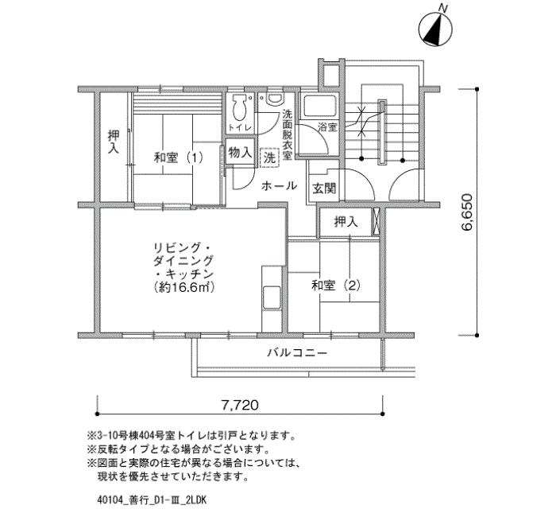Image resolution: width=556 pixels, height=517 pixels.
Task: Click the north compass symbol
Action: pos(435,29)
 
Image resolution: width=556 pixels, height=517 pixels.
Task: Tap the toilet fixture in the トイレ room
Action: pos(240,107)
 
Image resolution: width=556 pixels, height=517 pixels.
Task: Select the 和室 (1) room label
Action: pos(179,157)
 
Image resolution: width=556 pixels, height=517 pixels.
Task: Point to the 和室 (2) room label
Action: pos(335,285)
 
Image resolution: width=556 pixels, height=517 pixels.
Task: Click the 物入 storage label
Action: pos(240,153)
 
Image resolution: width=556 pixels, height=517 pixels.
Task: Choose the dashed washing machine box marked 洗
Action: pos(270,157)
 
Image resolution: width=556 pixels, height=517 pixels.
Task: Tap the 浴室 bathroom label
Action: pos(327,127)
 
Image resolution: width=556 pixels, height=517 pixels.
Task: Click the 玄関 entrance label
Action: pos(324,189)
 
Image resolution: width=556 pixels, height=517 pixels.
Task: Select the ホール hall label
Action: pos(279,185)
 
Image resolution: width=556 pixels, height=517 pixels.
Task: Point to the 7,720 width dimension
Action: pos(240,405)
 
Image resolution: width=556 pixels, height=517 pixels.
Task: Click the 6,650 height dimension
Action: pos(467,212)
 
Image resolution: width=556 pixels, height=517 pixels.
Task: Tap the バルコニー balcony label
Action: pos(297,353)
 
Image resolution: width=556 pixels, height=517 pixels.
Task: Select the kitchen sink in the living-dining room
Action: pos(272,297)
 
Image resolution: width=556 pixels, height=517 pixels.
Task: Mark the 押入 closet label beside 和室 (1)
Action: pos(114,142)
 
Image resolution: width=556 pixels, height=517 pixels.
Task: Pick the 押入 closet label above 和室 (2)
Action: pos(346,223)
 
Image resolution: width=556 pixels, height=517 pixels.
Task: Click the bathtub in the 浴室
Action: pos(319,106)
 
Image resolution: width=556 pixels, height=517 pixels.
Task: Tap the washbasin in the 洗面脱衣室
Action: pos(276,99)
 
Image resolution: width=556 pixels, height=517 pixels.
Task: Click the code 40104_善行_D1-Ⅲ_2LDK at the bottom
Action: pos(152,500)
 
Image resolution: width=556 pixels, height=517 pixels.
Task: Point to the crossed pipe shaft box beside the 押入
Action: pos(376,222)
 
